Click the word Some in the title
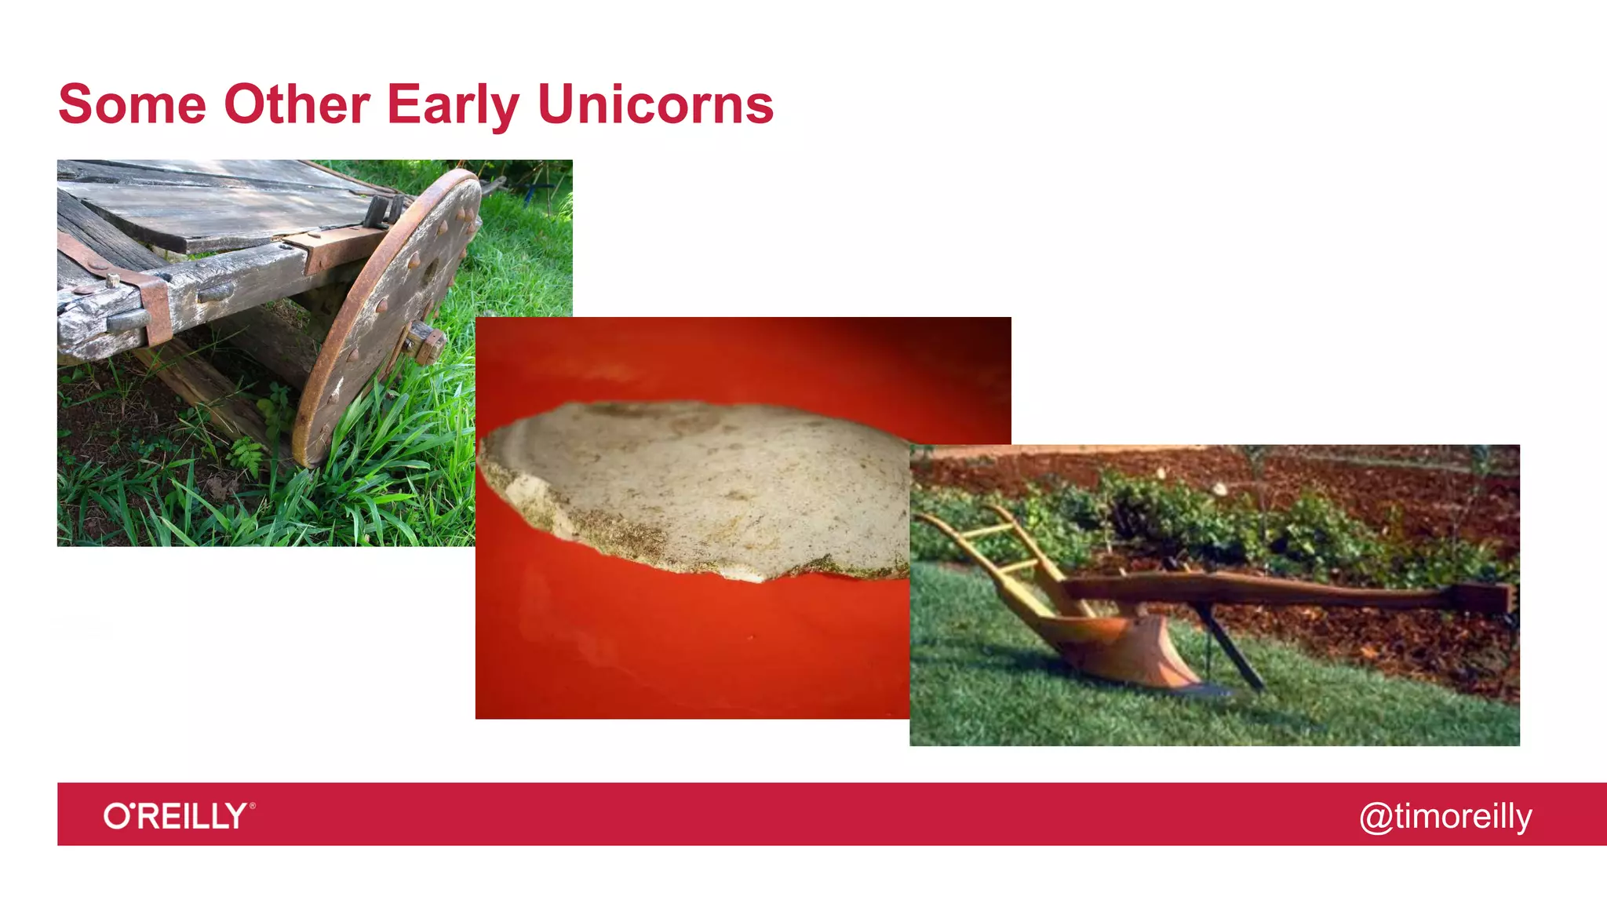pyautogui.click(x=132, y=104)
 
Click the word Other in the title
pyautogui.click(x=297, y=104)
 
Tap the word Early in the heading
pyautogui.click(x=453, y=106)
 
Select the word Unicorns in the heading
pyautogui.click(x=655, y=104)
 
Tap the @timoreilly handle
pyautogui.click(x=1445, y=817)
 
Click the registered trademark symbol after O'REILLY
pyautogui.click(x=252, y=805)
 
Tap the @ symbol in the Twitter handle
pyautogui.click(x=1376, y=818)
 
